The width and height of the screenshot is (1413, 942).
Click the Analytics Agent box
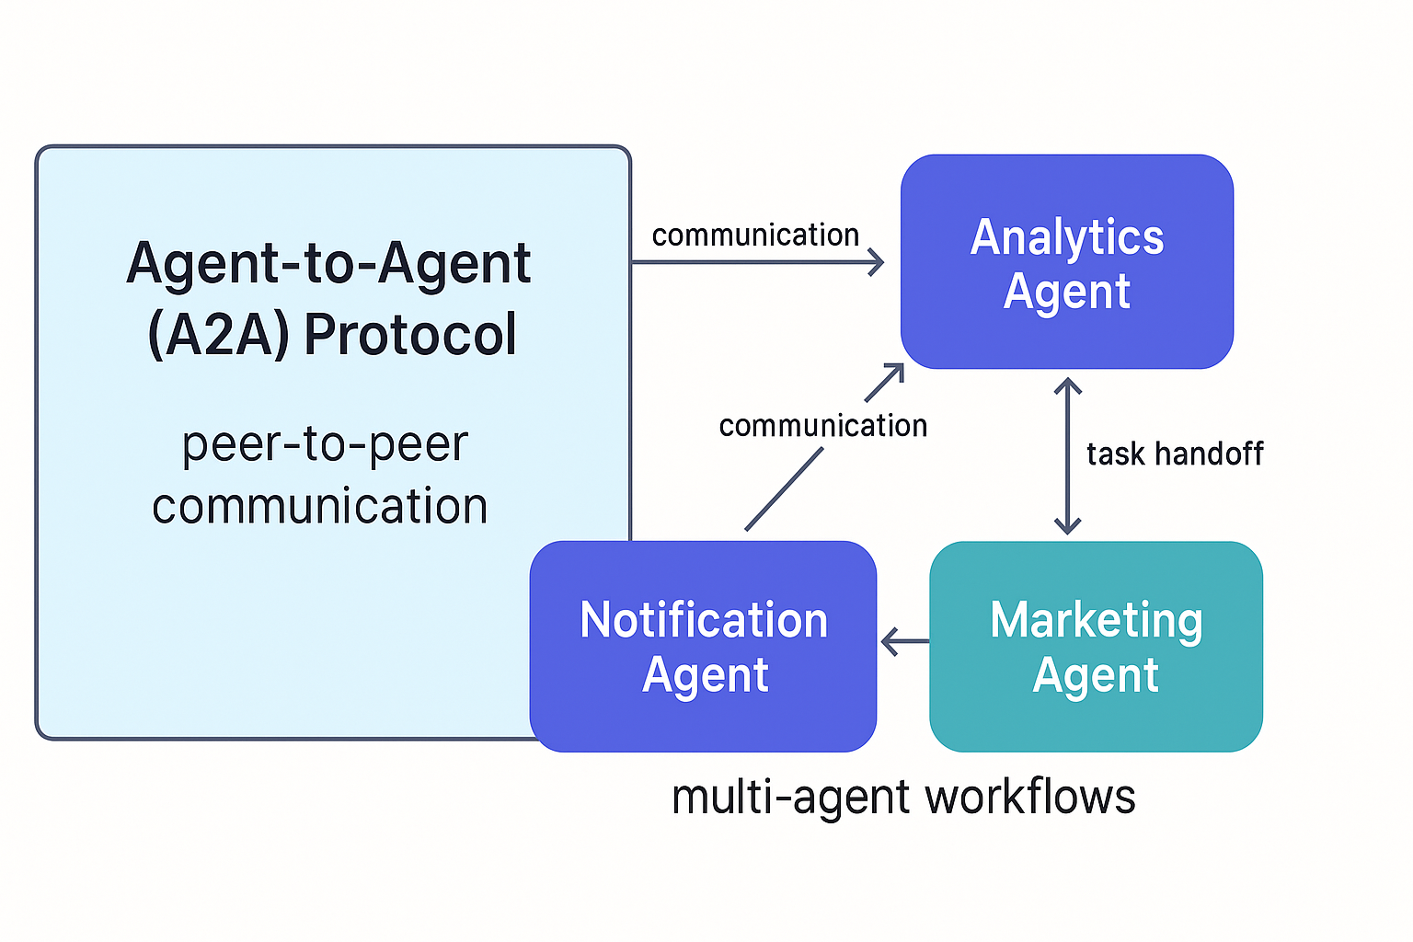[x=1067, y=262]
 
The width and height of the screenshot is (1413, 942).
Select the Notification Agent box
[x=704, y=646]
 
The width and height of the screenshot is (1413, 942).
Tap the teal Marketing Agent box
[x=1097, y=646]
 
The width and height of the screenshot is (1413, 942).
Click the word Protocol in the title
[x=410, y=334]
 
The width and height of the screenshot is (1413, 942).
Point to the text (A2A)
[x=218, y=335]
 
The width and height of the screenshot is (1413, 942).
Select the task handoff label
[x=1175, y=454]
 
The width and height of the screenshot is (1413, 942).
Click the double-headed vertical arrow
[x=1067, y=455]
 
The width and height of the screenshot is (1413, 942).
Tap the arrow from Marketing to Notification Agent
[x=905, y=642]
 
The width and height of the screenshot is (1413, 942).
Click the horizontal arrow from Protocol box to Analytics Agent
[x=757, y=262]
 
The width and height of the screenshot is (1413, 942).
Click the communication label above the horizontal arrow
[x=755, y=235]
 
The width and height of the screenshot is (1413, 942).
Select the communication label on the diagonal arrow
[x=823, y=426]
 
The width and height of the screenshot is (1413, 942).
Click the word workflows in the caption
[x=1030, y=797]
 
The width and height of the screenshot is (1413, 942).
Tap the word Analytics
[x=1067, y=237]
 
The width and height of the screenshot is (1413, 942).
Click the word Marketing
[x=1097, y=620]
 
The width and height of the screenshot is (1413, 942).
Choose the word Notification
[x=704, y=620]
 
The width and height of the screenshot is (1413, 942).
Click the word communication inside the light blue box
[x=320, y=506]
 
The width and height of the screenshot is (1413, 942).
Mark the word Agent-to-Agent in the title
[x=328, y=264]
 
